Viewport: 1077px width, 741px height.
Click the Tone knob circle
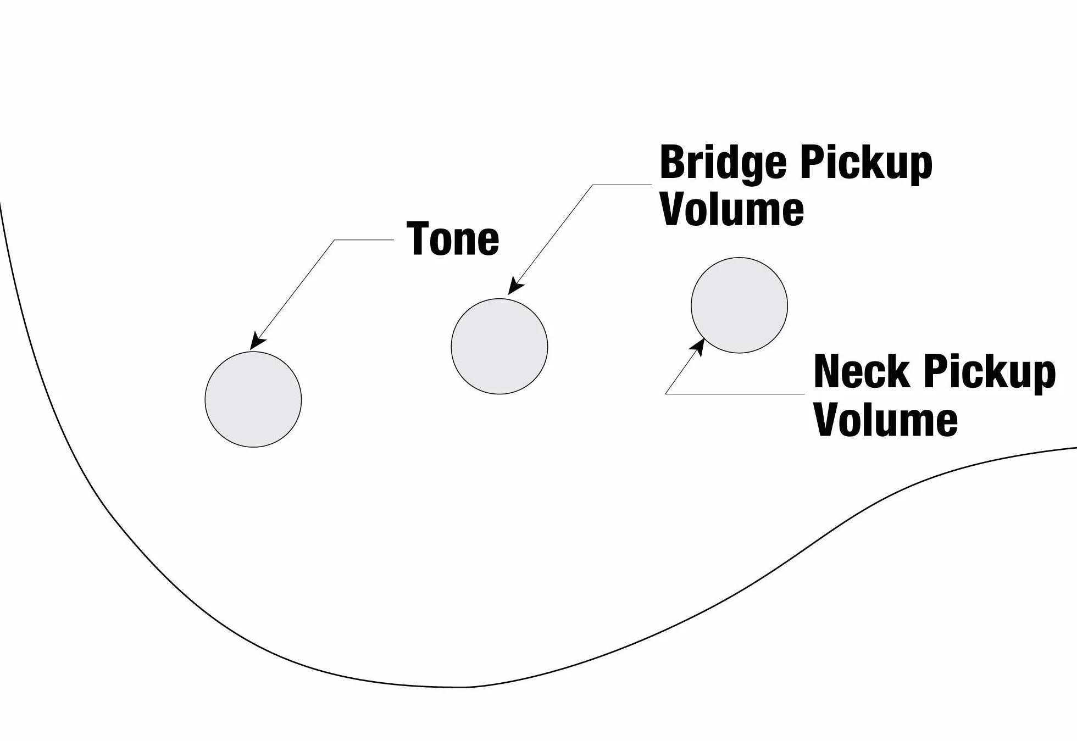[253, 399]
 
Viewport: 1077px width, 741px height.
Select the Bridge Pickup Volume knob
[499, 347]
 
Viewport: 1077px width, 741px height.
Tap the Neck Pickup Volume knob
[740, 305]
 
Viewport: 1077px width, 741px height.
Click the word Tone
[453, 238]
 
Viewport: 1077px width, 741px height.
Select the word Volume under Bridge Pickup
[732, 209]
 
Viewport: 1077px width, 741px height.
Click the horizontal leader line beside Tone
[364, 240]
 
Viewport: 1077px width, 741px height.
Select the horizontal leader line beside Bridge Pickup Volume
[622, 185]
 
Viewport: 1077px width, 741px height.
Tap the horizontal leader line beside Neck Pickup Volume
[735, 394]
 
